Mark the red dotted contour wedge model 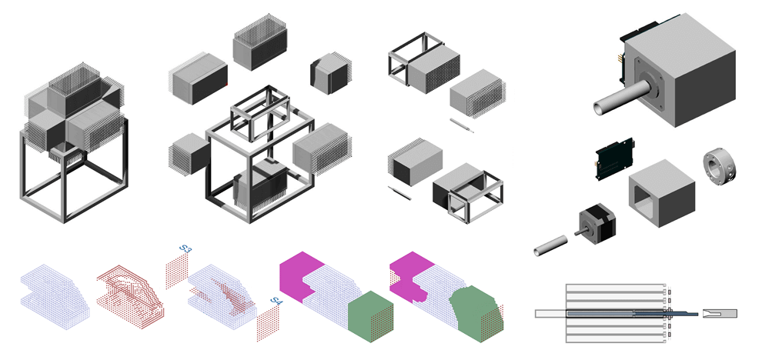131,292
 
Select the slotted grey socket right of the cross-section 720,313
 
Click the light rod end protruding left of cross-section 550,313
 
